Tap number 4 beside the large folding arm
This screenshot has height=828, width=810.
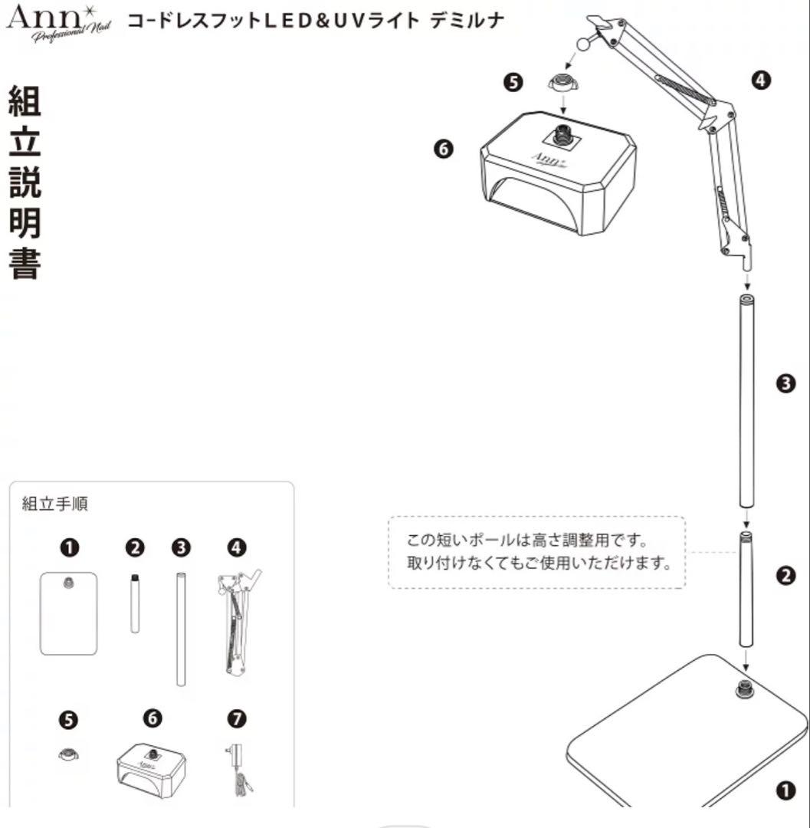tap(761, 79)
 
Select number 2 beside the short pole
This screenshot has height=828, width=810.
tap(785, 577)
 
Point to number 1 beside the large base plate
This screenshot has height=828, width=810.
tap(785, 790)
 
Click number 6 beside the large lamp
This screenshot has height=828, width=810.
tap(442, 149)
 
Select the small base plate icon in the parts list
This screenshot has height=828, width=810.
tap(69, 613)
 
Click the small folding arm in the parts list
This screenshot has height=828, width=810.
tap(238, 621)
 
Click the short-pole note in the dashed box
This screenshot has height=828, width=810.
tap(536, 552)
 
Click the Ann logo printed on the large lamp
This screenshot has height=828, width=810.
tap(549, 159)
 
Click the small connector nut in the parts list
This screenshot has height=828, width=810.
tap(68, 755)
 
